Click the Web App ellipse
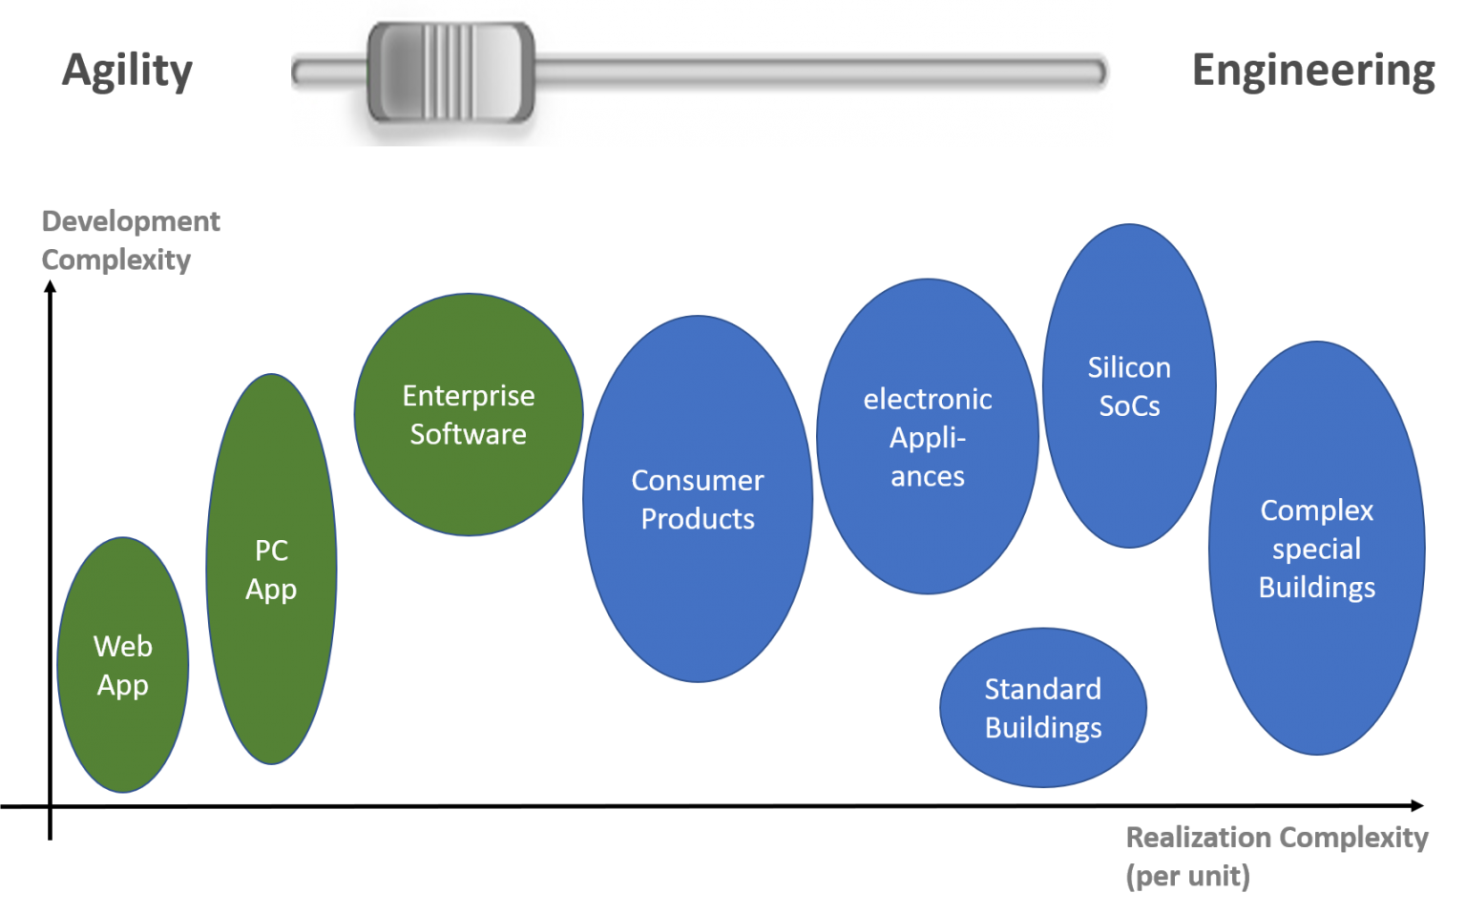[x=123, y=665]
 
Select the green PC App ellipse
[x=271, y=570]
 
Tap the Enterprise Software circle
[x=468, y=415]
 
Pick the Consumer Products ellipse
[x=698, y=499]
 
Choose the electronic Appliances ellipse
[x=928, y=437]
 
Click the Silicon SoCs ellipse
[x=1129, y=386]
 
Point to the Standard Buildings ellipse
[x=1043, y=708]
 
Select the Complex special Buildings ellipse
[x=1316, y=549]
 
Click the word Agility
[x=127, y=72]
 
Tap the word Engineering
[x=1313, y=72]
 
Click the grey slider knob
[x=450, y=73]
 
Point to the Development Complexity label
[x=130, y=240]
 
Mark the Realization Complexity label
[x=1276, y=838]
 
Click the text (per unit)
[x=1187, y=876]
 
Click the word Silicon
[x=1129, y=367]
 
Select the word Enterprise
[x=468, y=396]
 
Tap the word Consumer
[x=698, y=480]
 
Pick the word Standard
[x=1043, y=689]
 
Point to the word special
[x=1316, y=549]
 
